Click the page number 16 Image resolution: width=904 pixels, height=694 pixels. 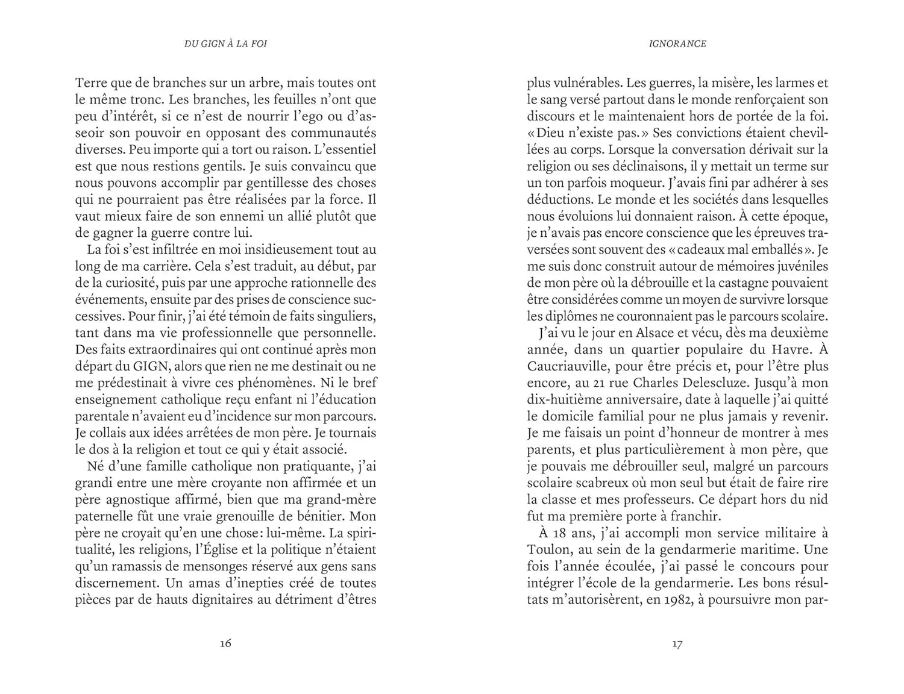pyautogui.click(x=225, y=643)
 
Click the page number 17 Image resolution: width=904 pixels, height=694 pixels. pyautogui.click(x=677, y=643)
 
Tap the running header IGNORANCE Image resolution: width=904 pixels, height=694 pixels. pyautogui.click(x=678, y=44)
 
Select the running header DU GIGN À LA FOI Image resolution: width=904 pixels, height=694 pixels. pyautogui.click(x=225, y=44)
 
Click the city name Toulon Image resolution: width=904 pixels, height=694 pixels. pyautogui.click(x=547, y=549)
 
